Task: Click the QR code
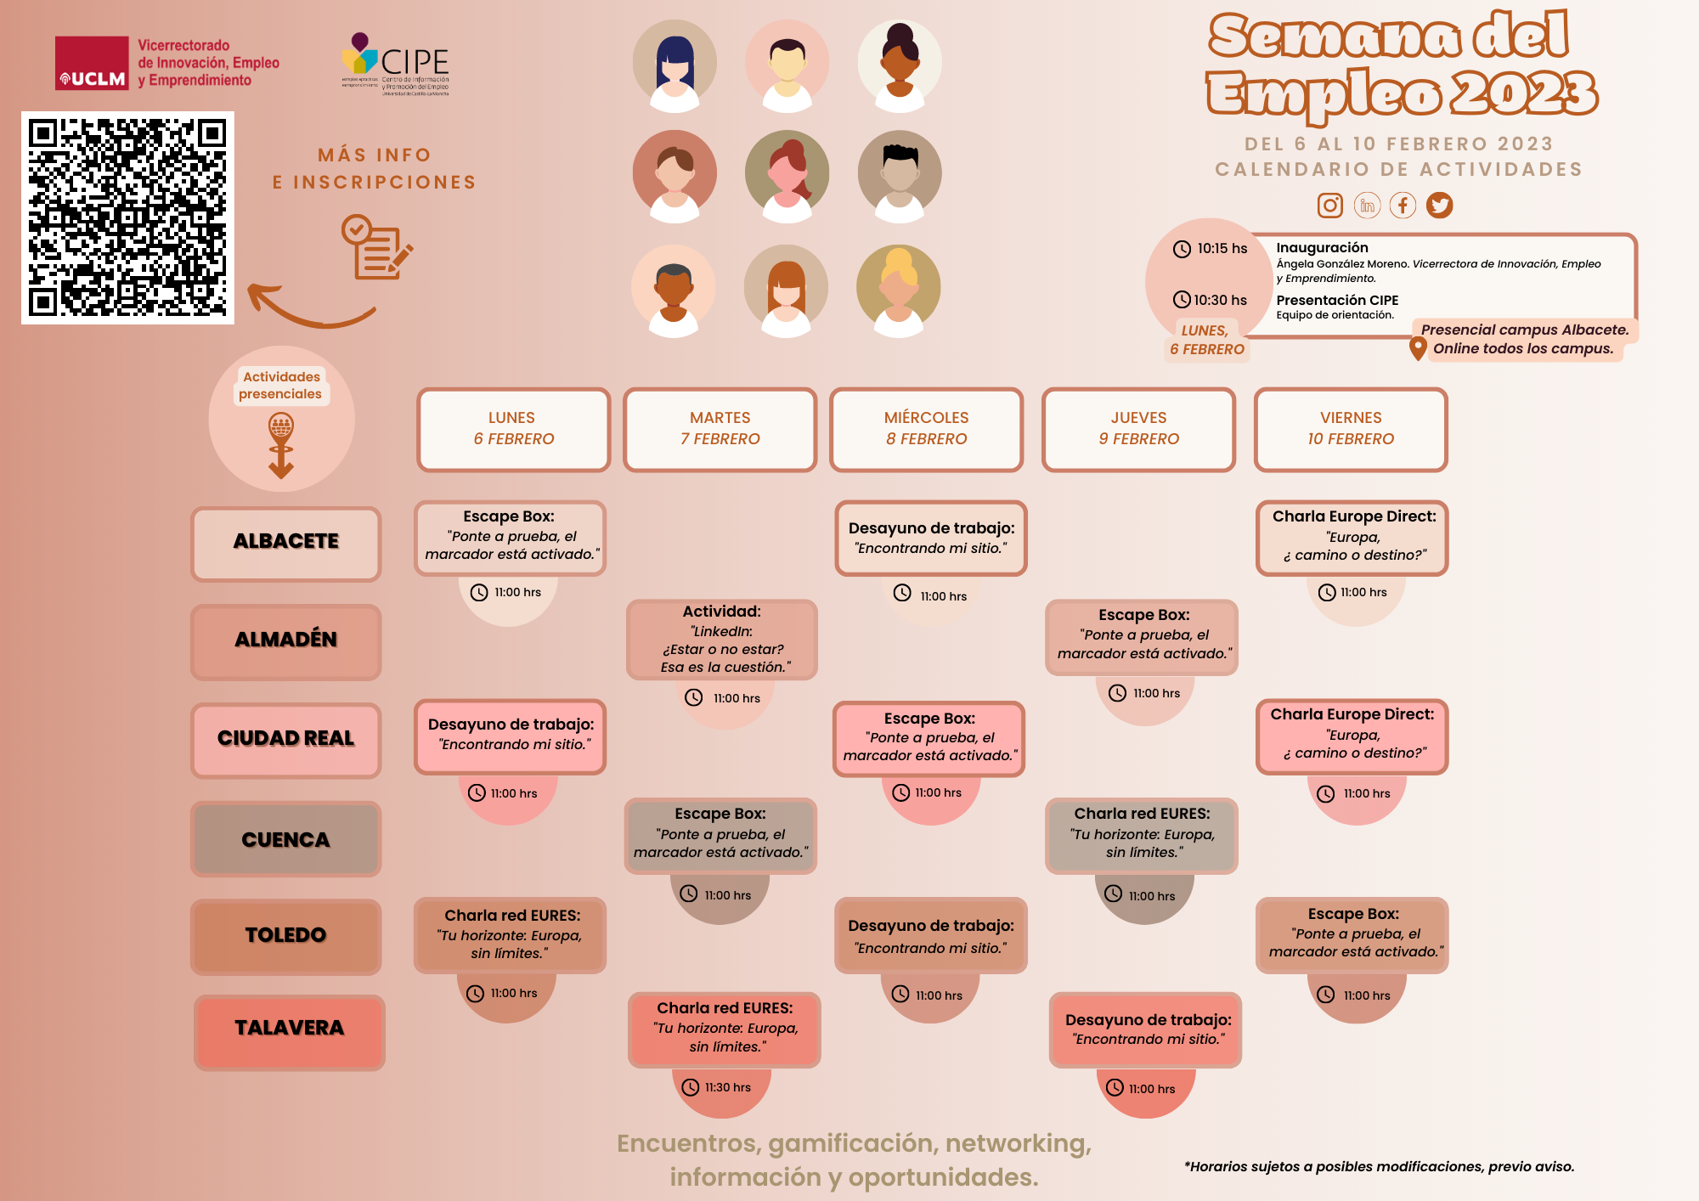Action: (127, 217)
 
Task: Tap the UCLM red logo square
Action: (92, 63)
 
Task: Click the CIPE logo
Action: (396, 65)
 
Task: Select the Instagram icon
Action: (1329, 206)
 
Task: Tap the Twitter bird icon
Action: (1439, 206)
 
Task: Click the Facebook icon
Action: (1403, 206)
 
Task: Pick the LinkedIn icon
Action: (1367, 206)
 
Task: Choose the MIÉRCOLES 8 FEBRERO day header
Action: (926, 429)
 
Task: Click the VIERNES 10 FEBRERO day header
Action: (1351, 429)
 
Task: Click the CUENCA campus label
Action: (286, 839)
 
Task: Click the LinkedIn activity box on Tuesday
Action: (722, 639)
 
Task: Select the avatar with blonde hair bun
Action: (899, 289)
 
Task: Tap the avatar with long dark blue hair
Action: (675, 64)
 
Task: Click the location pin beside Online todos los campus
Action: (1417, 348)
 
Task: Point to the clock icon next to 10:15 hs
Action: (1182, 249)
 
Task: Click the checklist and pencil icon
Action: (376, 247)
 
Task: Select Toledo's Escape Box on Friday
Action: (1352, 934)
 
